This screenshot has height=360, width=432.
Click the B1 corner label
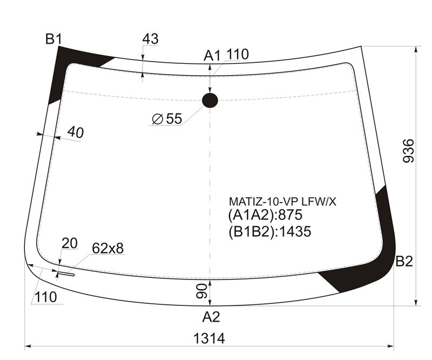coord(54,39)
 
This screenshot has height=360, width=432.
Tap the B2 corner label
coord(404,261)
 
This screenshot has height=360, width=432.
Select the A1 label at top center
coord(212,56)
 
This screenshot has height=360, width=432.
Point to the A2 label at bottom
coord(211,317)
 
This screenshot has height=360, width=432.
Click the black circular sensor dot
coord(210,100)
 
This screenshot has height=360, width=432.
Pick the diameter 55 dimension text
coord(167,119)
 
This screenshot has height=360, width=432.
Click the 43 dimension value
coord(151,39)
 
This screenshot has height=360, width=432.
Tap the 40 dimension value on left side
coord(76,132)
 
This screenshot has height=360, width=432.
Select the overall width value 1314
coord(209,338)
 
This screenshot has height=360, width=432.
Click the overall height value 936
coord(408,151)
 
